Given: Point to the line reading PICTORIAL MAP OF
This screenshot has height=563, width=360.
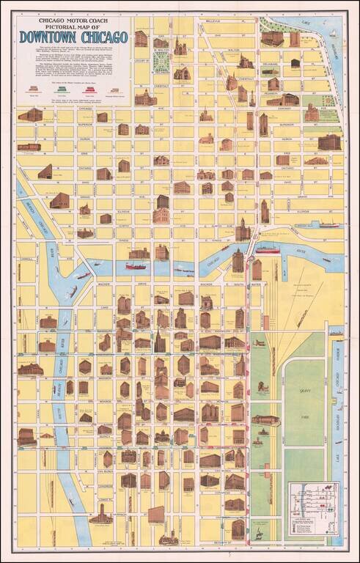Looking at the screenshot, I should pyautogui.click(x=73, y=28).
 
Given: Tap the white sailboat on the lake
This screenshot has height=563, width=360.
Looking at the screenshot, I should pyautogui.click(x=332, y=33).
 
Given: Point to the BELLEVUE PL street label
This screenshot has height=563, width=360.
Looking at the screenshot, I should pyautogui.click(x=213, y=21).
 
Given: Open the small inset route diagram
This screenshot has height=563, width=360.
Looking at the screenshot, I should pyautogui.click(x=314, y=504).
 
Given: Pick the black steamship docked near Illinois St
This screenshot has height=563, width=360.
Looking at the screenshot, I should pyautogui.click(x=328, y=224).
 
